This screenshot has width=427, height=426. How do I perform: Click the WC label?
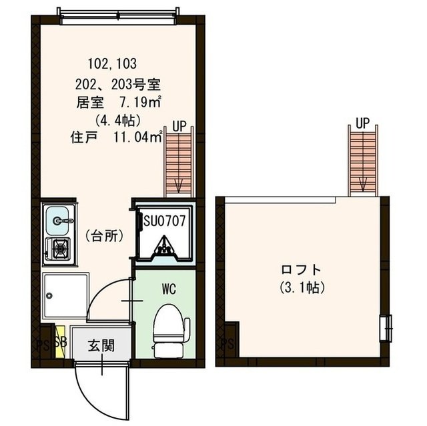[x=167, y=290]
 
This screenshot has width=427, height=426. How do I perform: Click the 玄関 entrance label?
[x=101, y=345]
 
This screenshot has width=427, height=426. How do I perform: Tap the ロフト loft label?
[x=301, y=270]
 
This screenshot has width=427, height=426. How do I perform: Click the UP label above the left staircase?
[x=179, y=125]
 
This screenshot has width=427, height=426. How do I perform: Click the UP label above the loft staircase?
[x=362, y=123]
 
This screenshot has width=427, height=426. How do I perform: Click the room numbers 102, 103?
[x=112, y=65]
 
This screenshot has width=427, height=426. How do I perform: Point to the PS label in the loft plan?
[x=227, y=345]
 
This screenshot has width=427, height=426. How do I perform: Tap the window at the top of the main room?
[x=119, y=16]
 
